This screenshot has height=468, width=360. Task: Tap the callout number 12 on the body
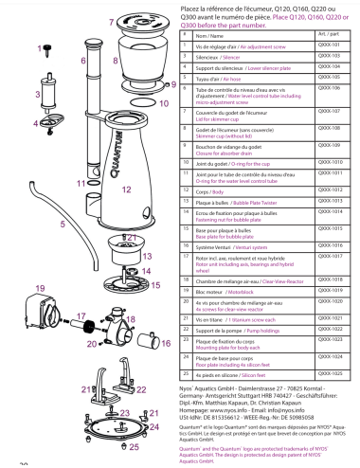pyautogui.click(x=126, y=189)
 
